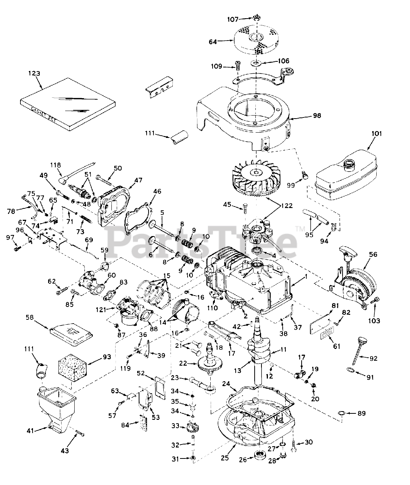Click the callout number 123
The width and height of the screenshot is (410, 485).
(34, 73)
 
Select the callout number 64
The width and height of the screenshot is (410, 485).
(213, 42)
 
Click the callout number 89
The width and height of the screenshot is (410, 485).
(362, 413)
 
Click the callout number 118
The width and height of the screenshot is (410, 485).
(56, 165)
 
